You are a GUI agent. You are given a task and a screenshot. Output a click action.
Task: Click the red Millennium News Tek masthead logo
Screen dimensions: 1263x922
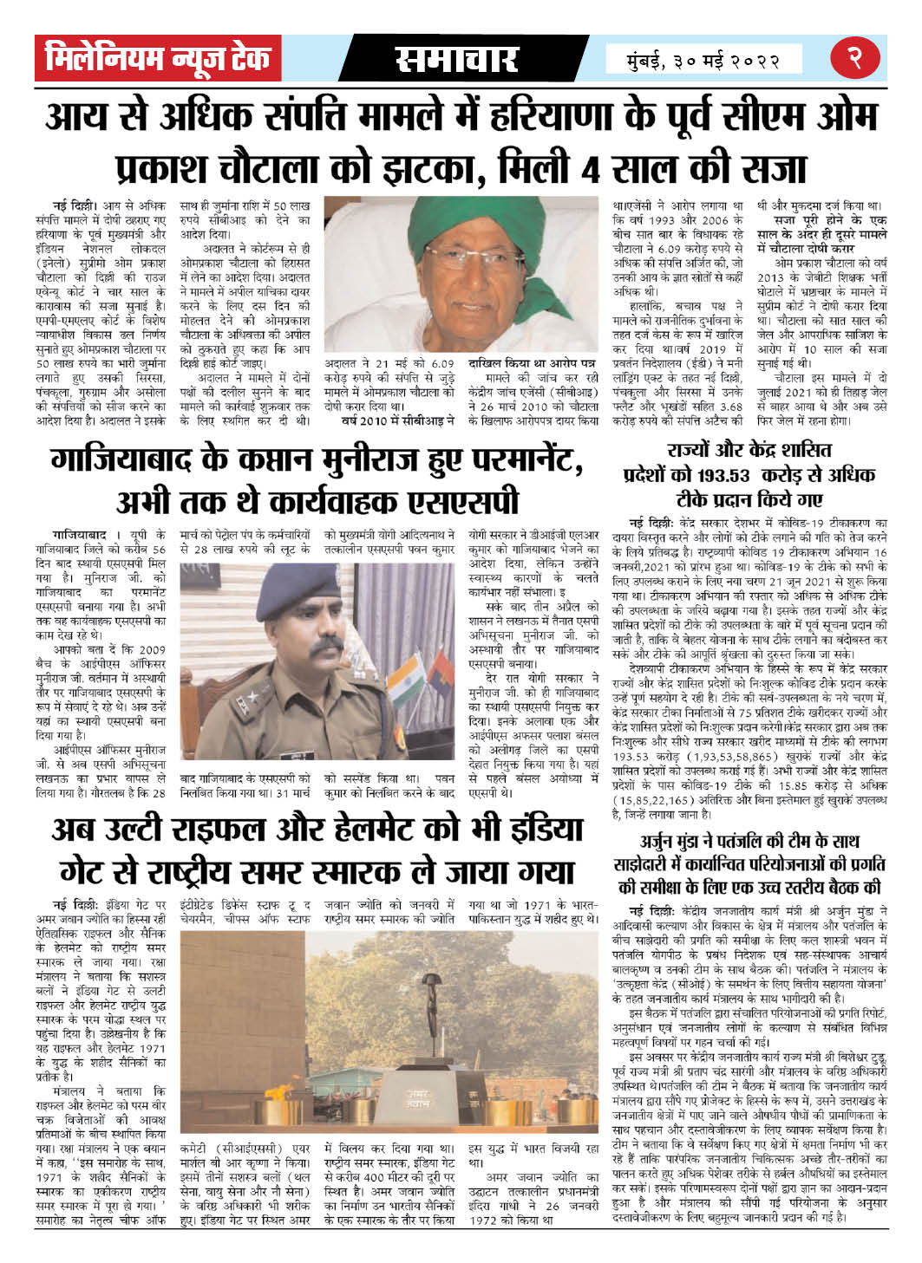(x=159, y=59)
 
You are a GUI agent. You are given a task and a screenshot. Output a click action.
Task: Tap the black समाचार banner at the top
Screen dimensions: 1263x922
(x=457, y=59)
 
